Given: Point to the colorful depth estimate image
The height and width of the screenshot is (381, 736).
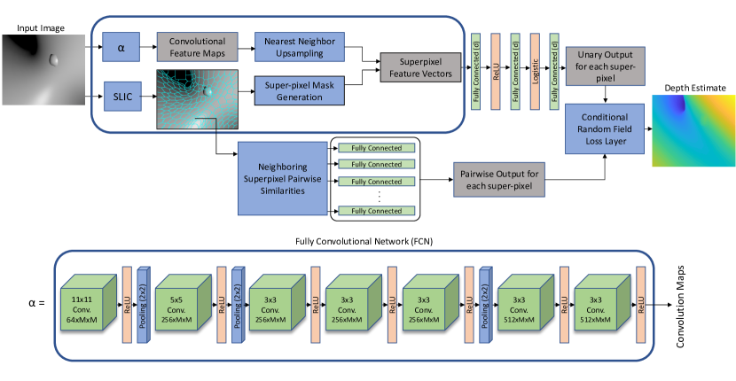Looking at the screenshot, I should pyautogui.click(x=693, y=129).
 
